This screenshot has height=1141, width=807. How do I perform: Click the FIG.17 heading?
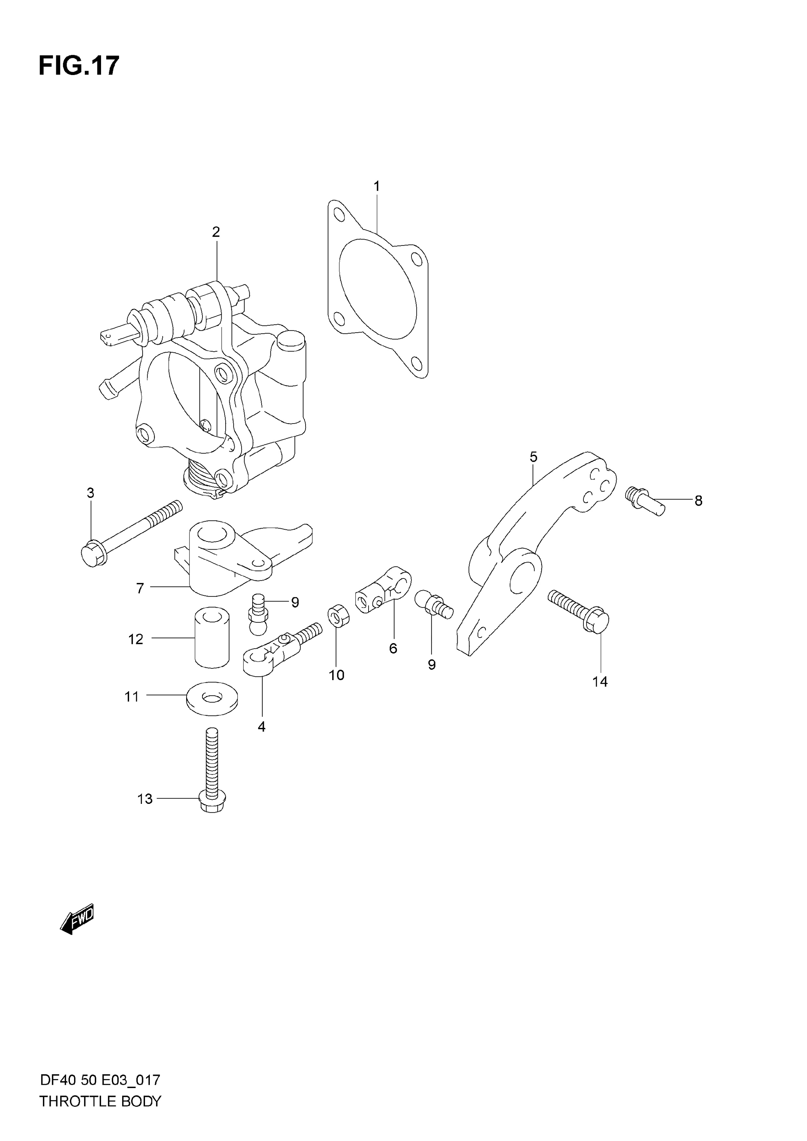(x=79, y=66)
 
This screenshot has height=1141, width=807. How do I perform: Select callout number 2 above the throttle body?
(x=216, y=232)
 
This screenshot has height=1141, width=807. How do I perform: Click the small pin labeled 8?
(x=644, y=501)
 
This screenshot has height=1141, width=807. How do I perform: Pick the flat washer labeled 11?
(x=212, y=698)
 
